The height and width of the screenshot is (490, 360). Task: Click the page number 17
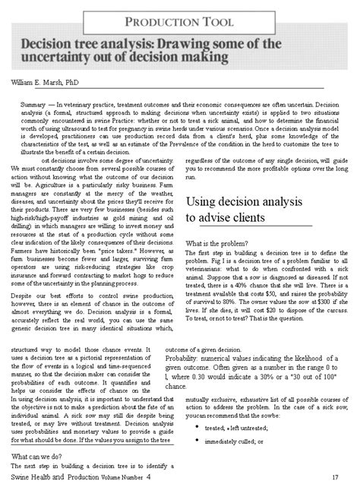[x=335, y=477]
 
